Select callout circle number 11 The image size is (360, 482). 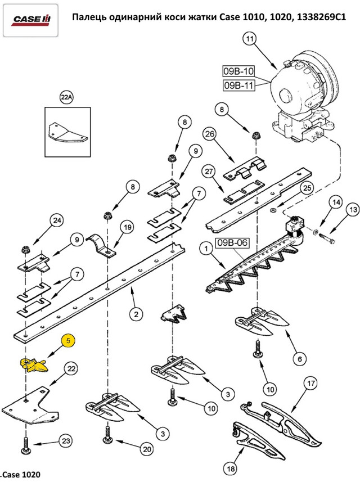[250, 39]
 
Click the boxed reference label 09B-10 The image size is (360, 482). [238, 71]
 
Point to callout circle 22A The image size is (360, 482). [66, 98]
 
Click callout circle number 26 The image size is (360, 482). [209, 135]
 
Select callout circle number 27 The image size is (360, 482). [209, 172]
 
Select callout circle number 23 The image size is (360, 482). [65, 442]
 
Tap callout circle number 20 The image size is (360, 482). [147, 449]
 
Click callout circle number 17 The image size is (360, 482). [309, 385]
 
